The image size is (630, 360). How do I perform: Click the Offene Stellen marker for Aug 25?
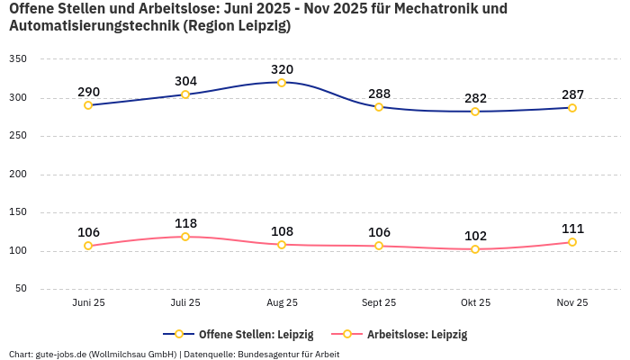click(282, 83)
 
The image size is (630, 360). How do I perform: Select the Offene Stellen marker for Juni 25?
click(88, 105)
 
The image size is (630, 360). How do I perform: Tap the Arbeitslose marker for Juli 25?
click(185, 237)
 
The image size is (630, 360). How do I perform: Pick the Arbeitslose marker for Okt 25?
click(475, 249)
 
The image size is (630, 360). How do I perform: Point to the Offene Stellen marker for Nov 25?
click(572, 108)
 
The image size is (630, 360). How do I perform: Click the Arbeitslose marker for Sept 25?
click(379, 246)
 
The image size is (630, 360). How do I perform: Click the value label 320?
click(282, 69)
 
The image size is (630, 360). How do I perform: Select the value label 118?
click(185, 223)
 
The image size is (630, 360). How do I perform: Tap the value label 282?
click(475, 98)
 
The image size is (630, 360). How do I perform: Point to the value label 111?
click(572, 229)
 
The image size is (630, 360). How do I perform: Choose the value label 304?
click(185, 81)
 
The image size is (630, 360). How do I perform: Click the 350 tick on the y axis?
click(18, 59)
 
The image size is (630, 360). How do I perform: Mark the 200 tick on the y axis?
click(18, 175)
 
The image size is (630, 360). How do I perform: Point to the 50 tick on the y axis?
click(21, 289)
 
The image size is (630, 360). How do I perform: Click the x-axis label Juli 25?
click(185, 303)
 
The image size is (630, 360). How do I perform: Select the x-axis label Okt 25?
click(475, 303)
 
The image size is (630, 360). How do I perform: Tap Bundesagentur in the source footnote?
click(271, 354)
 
